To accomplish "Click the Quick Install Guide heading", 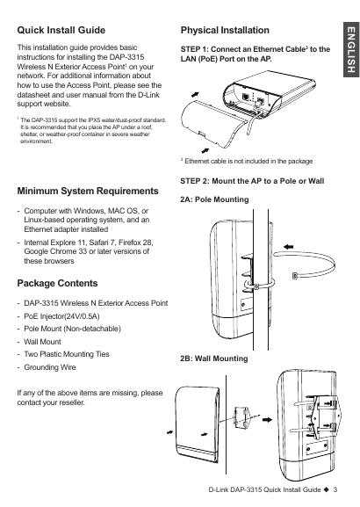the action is point(61,30).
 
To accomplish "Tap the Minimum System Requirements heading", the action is point(88,191).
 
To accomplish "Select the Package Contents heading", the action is point(57,283).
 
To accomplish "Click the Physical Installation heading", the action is point(225,31).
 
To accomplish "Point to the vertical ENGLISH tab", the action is point(351,50).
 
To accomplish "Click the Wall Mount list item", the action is point(42,342).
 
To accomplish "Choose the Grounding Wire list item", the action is point(50,367).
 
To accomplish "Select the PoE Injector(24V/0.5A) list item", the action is point(61,316).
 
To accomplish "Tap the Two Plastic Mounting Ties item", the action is point(67,354).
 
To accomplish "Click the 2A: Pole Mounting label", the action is point(214,199).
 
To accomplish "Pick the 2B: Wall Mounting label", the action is point(214,359).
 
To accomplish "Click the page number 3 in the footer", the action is point(335,489).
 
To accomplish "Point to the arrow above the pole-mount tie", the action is point(288,247).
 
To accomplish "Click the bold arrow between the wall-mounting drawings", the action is point(267,420).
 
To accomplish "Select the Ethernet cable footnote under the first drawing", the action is point(247,161).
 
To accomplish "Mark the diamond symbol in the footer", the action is point(327,489).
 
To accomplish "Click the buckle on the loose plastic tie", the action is point(294,276).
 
